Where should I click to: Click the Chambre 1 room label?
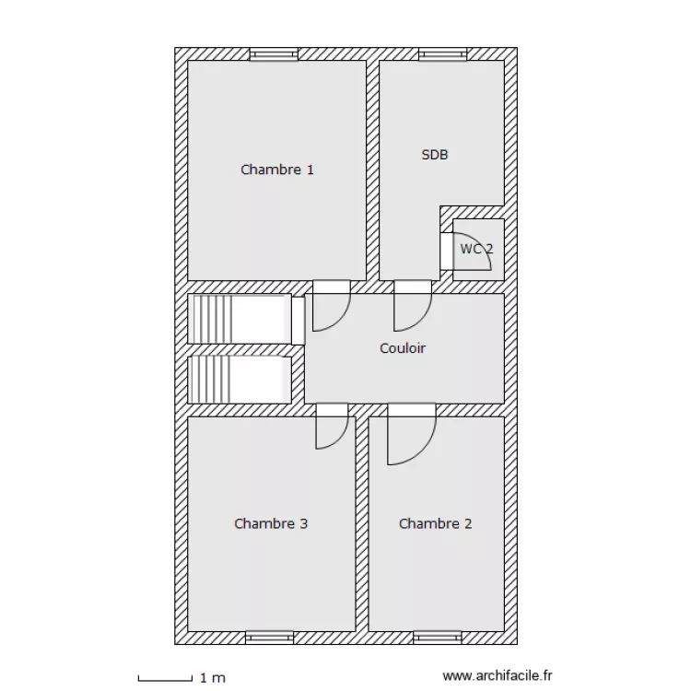tap(277, 170)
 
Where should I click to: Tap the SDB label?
tap(435, 155)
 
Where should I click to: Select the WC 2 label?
tap(476, 249)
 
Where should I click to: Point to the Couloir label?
tap(403, 348)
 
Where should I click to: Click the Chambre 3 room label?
tap(271, 523)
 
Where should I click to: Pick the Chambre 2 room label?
tap(436, 523)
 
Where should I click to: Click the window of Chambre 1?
tap(274, 54)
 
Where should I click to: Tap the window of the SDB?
tap(442, 54)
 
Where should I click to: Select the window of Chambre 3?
tap(269, 638)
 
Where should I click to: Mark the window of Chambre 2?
tap(437, 638)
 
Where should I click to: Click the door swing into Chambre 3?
tap(343, 438)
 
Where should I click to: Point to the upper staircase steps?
tap(214, 319)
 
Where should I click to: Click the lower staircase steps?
tap(213, 380)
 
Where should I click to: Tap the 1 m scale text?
tap(213, 678)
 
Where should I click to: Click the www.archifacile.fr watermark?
tap(498, 675)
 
